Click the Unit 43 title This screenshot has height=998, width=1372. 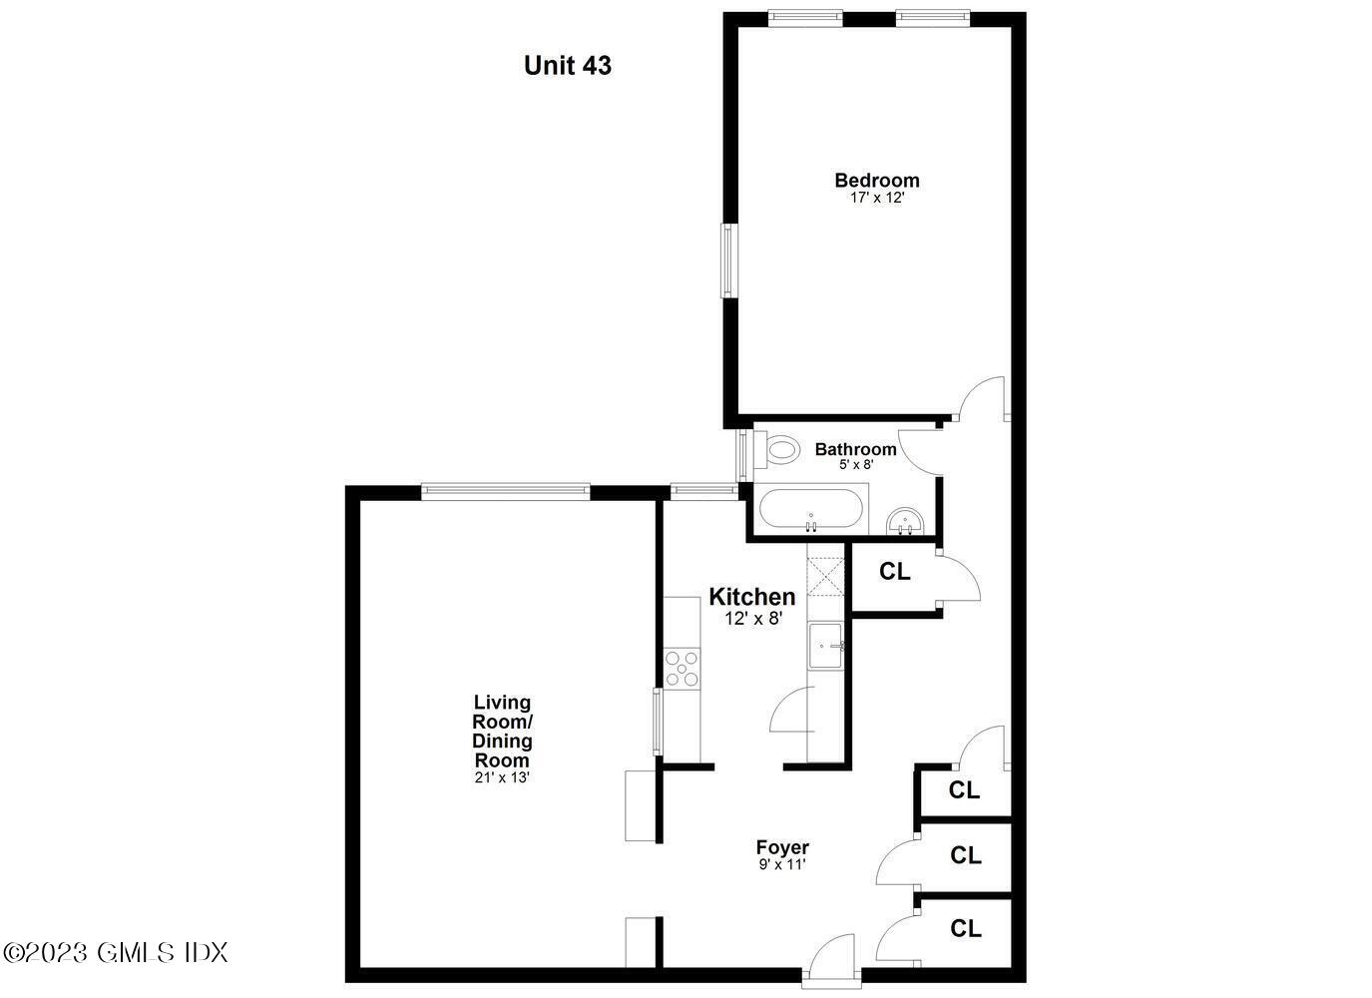pos(567,66)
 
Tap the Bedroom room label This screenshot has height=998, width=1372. pos(877,181)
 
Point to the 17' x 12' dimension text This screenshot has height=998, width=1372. pos(877,198)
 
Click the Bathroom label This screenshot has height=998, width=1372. pos(855,449)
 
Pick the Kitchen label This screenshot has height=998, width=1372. pos(751,597)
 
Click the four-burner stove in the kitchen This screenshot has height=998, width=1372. pos(683,668)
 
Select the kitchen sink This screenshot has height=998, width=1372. pos(826,647)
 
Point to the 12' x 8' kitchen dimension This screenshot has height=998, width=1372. pos(752,618)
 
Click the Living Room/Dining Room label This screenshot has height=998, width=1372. pos(502,732)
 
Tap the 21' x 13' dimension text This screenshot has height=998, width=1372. pos(502,777)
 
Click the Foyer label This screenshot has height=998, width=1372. pos(782,848)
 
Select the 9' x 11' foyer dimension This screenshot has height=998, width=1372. pos(782,865)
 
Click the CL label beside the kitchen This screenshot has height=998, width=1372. pos(894,572)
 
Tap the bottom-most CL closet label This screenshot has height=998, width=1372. pos(965,929)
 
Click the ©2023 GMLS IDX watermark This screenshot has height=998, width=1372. pos(116,952)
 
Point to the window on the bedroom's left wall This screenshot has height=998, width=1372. pos(728,259)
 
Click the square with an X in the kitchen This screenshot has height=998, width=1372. pos(825,577)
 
